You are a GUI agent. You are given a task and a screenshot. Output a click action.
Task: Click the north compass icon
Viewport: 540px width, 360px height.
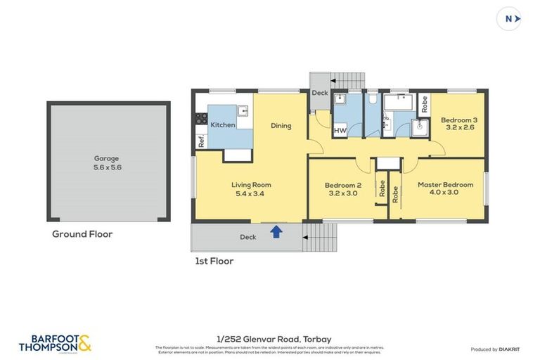pyautogui.click(x=509, y=19)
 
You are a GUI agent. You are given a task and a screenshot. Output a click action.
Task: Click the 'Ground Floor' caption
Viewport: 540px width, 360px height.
pyautogui.click(x=82, y=234)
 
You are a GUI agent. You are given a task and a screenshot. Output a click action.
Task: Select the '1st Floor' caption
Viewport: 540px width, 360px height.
pyautogui.click(x=214, y=261)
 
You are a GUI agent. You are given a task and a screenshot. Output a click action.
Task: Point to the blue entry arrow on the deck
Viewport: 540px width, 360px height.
pyautogui.click(x=276, y=231)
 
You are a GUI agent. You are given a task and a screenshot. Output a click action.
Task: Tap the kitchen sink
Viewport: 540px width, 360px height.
pyautogui.click(x=243, y=110)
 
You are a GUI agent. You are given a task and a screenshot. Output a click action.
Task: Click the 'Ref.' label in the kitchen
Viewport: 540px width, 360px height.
pyautogui.click(x=200, y=141)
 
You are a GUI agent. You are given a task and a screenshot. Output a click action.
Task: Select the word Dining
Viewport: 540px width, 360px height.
pyautogui.click(x=281, y=126)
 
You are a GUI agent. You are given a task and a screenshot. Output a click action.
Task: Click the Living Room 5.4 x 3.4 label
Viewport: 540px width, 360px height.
pyautogui.click(x=251, y=189)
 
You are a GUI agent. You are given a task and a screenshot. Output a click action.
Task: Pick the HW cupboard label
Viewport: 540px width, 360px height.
pyautogui.click(x=340, y=131)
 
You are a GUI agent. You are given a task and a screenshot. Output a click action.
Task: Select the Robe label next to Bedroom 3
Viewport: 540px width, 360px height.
pyautogui.click(x=424, y=105)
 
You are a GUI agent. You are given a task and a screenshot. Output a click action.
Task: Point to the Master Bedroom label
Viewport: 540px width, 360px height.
pyautogui.click(x=445, y=189)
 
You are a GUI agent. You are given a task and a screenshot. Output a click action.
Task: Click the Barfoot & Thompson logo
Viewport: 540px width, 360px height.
pyautogui.click(x=55, y=343)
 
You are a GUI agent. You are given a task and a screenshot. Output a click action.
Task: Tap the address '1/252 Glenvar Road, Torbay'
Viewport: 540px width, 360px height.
pyautogui.click(x=269, y=340)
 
